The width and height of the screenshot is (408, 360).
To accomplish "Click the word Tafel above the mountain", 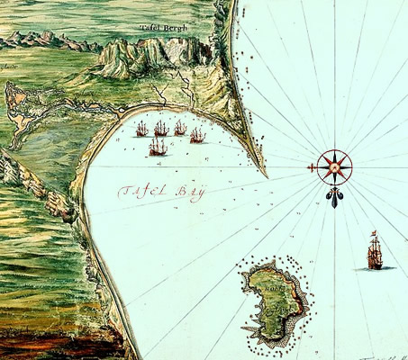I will point(150,27).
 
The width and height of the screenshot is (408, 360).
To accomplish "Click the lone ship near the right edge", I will point(374,253).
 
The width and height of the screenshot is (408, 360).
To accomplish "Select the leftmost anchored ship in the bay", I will point(141,130).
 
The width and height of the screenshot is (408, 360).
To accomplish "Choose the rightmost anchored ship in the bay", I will point(197,136).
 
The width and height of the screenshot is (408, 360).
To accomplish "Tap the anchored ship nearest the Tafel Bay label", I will point(158,147).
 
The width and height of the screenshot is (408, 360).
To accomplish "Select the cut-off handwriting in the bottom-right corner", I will point(392,355).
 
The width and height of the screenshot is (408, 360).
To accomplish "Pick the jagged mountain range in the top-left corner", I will point(45,40).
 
